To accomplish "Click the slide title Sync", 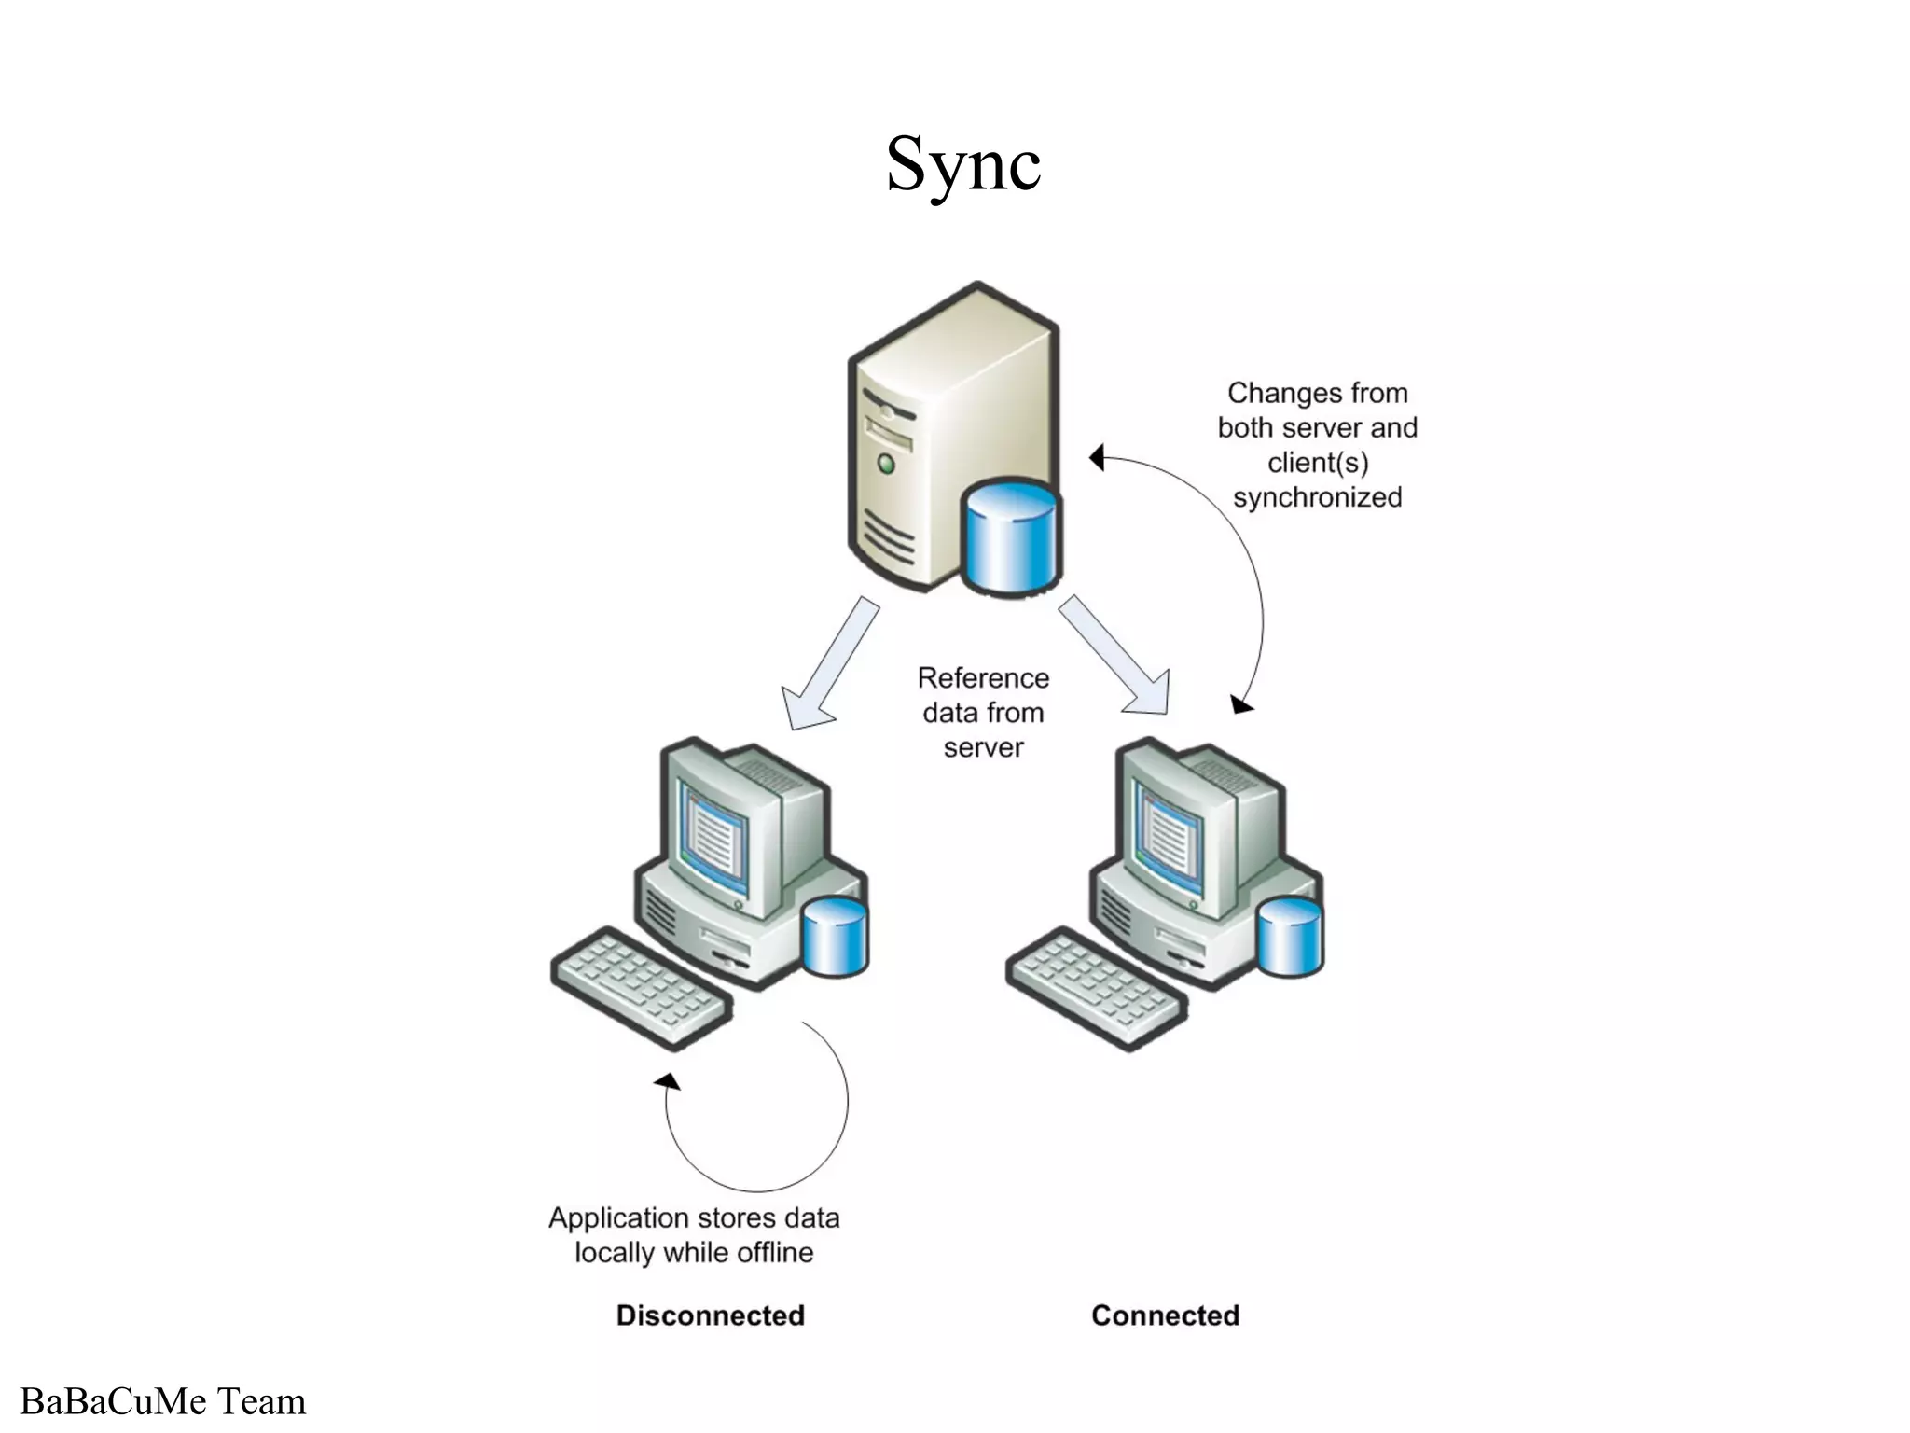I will (962, 164).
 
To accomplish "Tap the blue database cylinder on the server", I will (1012, 541).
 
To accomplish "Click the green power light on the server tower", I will (885, 463).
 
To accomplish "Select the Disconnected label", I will (710, 1315).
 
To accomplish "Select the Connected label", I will (1165, 1315).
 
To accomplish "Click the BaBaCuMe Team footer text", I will (163, 1402).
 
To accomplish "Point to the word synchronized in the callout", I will (1317, 497).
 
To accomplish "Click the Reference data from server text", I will (983, 712).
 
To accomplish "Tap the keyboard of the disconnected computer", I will (641, 988).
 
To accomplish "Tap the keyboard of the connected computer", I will (1096, 988).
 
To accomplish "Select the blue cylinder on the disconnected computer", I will (835, 938).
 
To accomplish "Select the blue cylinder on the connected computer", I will (1290, 938).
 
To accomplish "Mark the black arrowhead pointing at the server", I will (1098, 457).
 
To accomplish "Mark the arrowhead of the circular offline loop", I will (668, 1081).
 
